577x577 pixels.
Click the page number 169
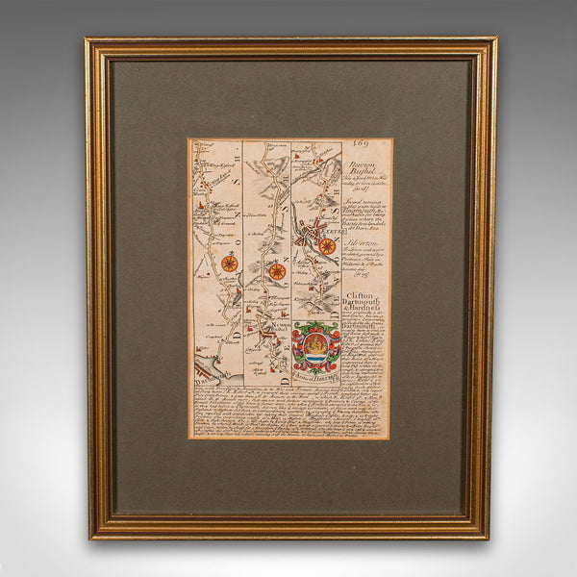click(x=361, y=145)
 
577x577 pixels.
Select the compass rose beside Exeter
click(x=327, y=246)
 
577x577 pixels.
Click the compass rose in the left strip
click(x=230, y=263)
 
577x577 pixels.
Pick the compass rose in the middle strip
click(x=277, y=271)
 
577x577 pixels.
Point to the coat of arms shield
click(x=316, y=346)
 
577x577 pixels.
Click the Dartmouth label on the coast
click(x=203, y=379)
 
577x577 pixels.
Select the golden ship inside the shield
click(x=315, y=343)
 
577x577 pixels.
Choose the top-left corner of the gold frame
click(x=89, y=41)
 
